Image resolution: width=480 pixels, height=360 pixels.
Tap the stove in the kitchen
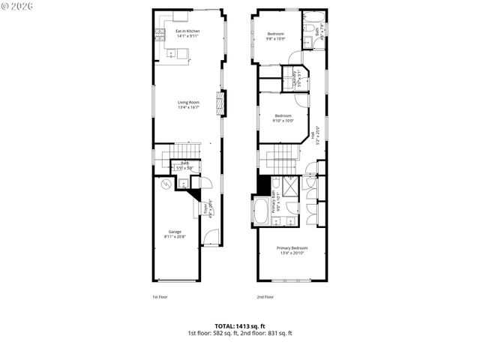159,34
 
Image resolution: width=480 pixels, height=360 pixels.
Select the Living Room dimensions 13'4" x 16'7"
188,107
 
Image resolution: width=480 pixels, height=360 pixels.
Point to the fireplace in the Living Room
220,103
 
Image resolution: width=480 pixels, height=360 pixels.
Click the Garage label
175,234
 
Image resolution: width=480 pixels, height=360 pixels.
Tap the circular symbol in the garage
166,185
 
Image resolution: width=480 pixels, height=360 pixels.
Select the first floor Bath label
183,166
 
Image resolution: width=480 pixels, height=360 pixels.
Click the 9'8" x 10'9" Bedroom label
276,36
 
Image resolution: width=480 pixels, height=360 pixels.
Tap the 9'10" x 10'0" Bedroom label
283,118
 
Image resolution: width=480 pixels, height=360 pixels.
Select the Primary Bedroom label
292,250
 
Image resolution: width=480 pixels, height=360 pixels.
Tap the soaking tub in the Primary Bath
262,211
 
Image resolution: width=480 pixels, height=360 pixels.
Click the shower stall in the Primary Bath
291,186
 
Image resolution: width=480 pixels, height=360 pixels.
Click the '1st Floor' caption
159,297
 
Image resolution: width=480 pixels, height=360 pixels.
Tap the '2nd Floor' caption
265,297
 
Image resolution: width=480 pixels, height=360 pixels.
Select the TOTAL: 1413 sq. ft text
239,325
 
